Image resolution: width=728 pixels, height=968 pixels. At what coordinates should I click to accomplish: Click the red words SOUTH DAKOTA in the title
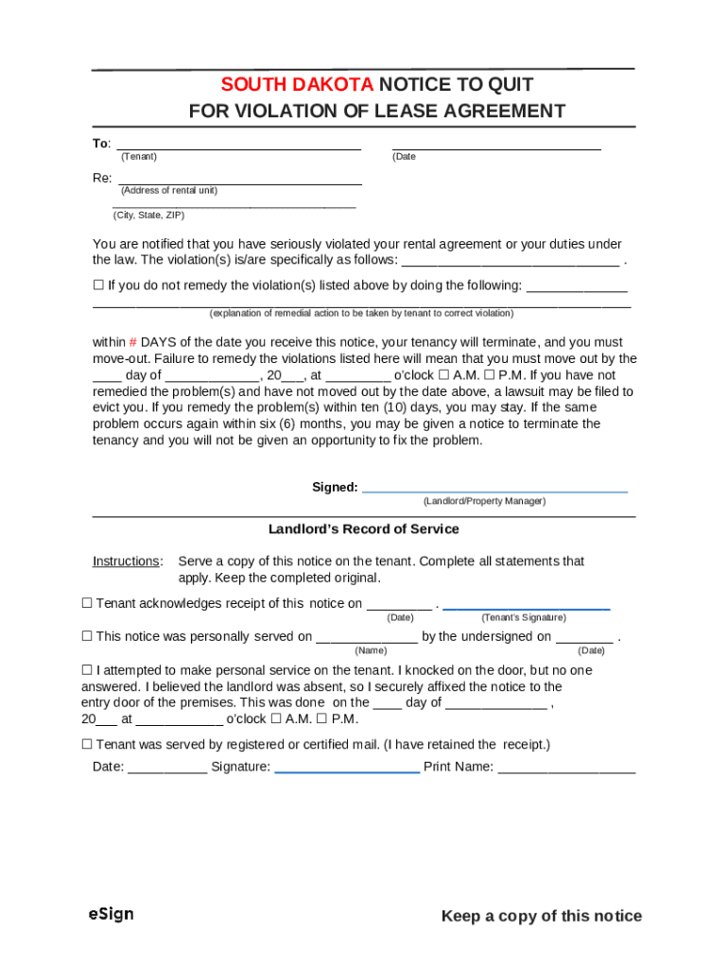pos(297,84)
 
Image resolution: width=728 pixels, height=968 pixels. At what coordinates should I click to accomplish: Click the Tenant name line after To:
pos(237,147)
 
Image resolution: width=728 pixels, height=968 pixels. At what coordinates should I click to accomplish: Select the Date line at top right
pos(496,147)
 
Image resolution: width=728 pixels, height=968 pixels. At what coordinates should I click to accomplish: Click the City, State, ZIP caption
pos(149,216)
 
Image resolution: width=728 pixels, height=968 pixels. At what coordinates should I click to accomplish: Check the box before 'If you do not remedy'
pos(98,285)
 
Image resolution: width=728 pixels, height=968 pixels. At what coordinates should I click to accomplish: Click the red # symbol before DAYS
pos(133,342)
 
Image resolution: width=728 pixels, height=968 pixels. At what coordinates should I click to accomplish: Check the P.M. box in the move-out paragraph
pos(490,375)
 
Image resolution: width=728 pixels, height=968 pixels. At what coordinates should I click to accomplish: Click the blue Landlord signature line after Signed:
pos(495,491)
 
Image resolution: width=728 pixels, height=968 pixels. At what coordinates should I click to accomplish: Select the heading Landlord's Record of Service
pos(364,529)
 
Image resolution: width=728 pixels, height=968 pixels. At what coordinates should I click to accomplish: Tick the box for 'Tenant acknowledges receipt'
pos(87,603)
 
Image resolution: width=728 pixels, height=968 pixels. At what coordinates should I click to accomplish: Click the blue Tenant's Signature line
pos(526,606)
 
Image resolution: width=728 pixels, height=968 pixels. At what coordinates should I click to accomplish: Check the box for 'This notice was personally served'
pos(87,637)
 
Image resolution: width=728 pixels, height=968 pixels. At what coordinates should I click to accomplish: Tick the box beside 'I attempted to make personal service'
pos(87,670)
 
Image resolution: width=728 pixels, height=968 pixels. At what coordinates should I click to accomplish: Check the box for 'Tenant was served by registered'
pos(87,745)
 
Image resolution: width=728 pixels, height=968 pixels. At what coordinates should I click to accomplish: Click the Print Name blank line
pos(566,770)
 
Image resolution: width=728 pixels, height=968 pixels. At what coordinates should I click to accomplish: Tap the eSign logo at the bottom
pos(111,914)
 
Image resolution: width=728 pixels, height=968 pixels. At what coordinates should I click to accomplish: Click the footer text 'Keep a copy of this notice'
pos(541,916)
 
